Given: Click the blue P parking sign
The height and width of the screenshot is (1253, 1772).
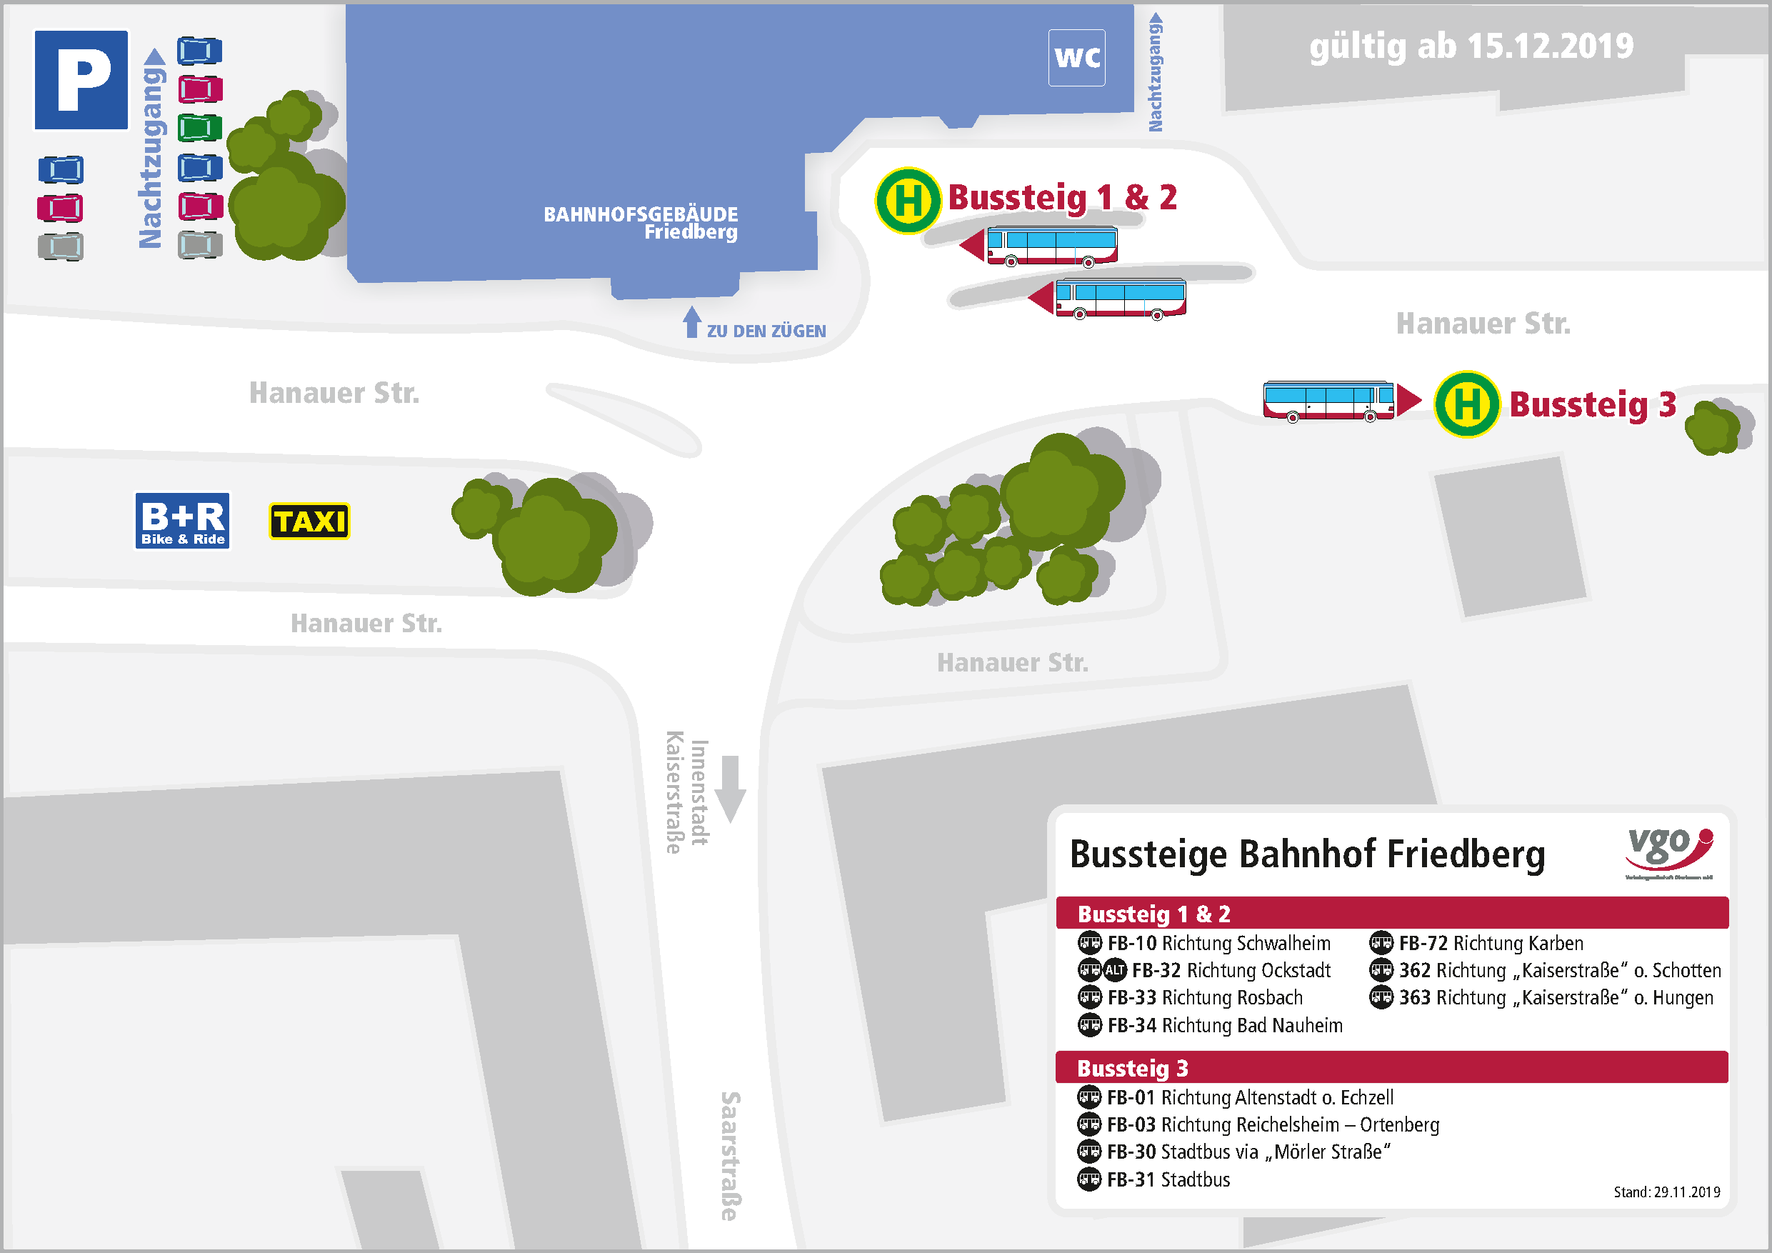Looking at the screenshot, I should (x=81, y=79).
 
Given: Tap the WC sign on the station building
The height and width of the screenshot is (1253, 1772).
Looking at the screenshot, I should (x=1076, y=57).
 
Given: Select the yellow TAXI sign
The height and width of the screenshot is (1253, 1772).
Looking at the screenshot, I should (x=309, y=521).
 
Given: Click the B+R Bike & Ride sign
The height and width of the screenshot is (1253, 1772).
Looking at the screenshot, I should (x=182, y=520).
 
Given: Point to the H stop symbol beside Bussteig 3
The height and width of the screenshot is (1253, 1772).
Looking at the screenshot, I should (x=1466, y=404).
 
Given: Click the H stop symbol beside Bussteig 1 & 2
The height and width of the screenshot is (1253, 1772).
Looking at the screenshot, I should (x=908, y=200).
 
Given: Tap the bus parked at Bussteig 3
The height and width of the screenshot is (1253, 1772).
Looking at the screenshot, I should (x=1328, y=401).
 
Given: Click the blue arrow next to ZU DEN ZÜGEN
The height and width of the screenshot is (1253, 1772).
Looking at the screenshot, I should (x=691, y=322).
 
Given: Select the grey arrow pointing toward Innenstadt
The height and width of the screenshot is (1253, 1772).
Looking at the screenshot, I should (x=729, y=788).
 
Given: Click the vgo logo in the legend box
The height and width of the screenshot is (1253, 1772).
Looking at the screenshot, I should (x=1668, y=852).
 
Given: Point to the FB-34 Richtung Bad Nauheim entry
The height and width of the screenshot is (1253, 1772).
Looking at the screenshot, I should (x=1224, y=1025).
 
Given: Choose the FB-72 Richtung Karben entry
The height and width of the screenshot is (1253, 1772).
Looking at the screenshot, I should (x=1490, y=943).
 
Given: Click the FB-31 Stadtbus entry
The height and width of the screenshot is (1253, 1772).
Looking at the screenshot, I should (x=1168, y=1179).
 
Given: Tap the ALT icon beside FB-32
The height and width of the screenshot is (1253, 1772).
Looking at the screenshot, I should (x=1114, y=969).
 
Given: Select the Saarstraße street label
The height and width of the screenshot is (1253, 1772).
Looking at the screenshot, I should (x=729, y=1156).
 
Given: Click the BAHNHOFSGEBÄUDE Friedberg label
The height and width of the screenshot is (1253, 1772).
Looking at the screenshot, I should (x=641, y=222).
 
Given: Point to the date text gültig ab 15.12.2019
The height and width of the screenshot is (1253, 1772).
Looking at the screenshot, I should (x=1471, y=46).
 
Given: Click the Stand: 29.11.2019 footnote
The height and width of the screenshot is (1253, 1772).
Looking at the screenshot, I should (x=1666, y=1192).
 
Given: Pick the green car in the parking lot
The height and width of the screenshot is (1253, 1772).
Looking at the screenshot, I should (x=200, y=127).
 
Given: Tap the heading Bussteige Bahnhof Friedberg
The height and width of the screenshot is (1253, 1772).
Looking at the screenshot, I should (x=1306, y=854).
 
